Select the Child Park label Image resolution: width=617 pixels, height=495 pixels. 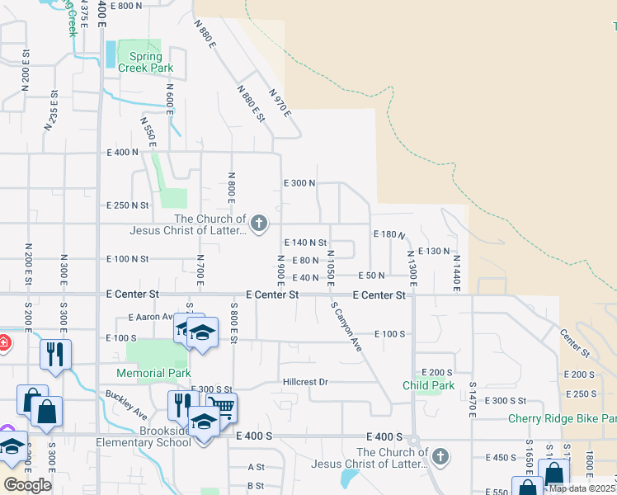pos(429,385)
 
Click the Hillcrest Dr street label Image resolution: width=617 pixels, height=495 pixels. pos(305,382)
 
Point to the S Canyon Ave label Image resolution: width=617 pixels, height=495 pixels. pos(347,328)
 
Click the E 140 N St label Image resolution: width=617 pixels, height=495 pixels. pos(305,243)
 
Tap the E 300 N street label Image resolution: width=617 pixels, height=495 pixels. pos(299,183)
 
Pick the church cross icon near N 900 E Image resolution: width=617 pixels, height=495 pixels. pos(259,224)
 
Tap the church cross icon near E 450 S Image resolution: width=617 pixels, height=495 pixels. pos(441,456)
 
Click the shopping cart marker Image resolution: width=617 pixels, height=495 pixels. pos(220,406)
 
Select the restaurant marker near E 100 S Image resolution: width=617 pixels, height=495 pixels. pos(55,354)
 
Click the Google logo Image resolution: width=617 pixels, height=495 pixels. pos(27,485)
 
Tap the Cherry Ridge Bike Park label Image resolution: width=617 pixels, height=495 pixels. pos(562,418)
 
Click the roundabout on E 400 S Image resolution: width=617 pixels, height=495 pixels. pos(414,441)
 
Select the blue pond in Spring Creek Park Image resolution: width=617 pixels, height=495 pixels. pos(111,54)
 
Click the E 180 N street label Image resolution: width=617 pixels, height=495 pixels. pos(389,235)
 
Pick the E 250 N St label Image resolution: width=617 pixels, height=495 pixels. pos(128,205)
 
